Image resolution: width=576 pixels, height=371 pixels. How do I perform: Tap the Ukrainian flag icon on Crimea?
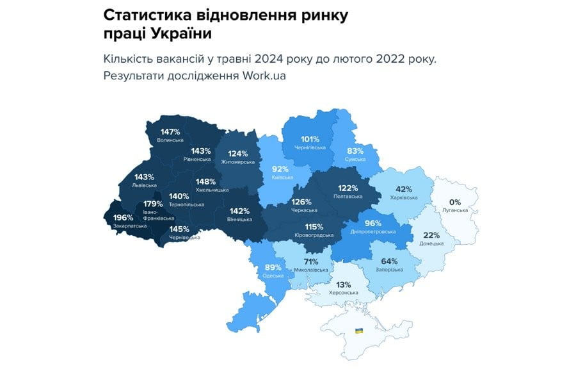(359, 331)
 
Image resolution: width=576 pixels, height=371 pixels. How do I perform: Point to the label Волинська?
(170, 140)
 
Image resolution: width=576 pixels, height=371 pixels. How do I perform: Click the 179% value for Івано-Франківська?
(154, 204)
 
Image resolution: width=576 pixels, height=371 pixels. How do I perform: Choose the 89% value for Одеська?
(273, 267)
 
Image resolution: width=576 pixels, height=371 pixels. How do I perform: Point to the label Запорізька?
(389, 269)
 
